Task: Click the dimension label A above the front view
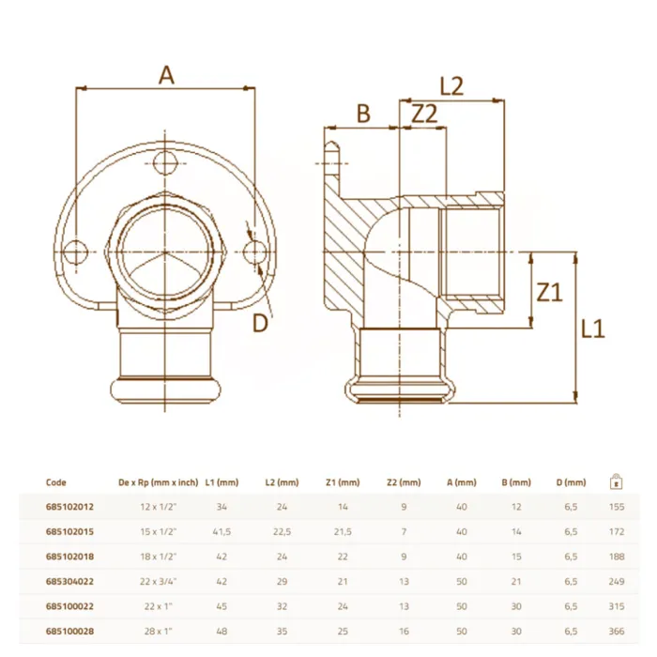point(166,76)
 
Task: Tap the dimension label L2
point(451,86)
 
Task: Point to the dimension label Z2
point(424,114)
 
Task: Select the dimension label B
point(363,114)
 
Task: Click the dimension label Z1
point(549,292)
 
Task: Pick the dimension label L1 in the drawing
point(593,328)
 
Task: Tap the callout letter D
point(260,323)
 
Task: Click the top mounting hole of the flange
point(164,163)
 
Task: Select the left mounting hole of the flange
point(75,252)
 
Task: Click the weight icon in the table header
point(616,481)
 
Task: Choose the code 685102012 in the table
point(69,507)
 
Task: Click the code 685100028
point(69,631)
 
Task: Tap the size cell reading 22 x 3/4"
point(159,581)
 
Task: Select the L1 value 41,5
point(222,531)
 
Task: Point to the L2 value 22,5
point(282,531)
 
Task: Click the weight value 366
point(617,631)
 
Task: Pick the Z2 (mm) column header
point(404,482)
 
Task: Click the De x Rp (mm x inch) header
point(159,482)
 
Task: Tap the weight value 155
point(617,507)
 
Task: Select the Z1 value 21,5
point(343,531)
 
